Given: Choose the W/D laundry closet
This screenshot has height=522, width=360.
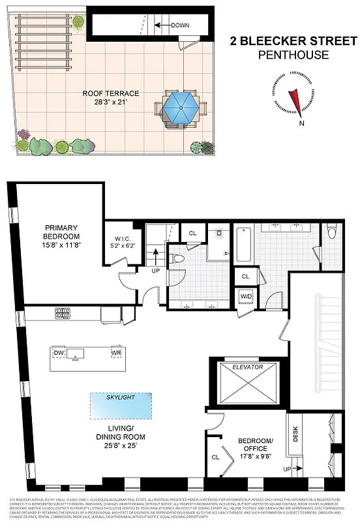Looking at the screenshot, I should click(x=246, y=298).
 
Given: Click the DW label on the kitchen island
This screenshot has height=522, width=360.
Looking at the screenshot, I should click(x=59, y=354).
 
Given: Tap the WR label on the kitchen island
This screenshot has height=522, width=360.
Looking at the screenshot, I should click(x=116, y=354).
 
